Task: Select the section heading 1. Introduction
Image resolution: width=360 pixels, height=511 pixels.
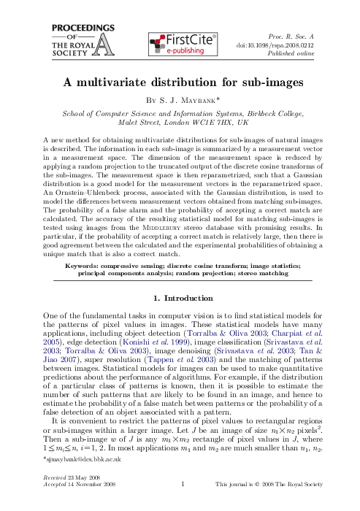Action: click(180, 277)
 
